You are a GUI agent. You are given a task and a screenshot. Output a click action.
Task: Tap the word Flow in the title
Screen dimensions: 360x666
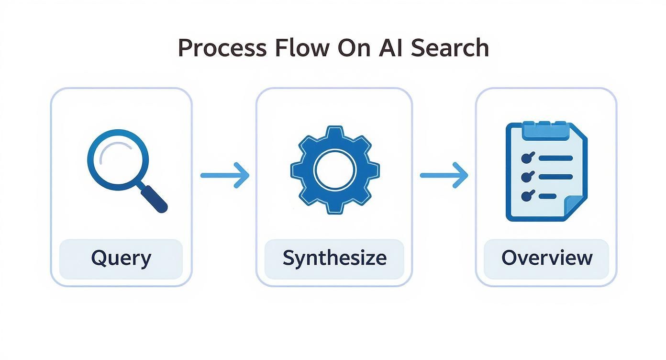point(303,48)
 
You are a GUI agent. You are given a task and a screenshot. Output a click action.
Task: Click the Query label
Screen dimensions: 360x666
point(121,259)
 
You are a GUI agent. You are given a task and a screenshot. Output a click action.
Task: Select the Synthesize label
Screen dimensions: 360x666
point(334,259)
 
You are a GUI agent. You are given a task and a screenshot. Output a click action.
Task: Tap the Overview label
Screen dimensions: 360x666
point(546,259)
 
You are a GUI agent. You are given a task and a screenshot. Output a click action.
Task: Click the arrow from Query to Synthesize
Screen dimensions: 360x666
point(224,175)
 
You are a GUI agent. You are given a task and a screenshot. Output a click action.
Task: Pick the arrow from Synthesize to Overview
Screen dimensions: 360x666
point(444,175)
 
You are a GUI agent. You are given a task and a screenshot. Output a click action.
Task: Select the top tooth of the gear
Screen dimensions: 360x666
point(335,133)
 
